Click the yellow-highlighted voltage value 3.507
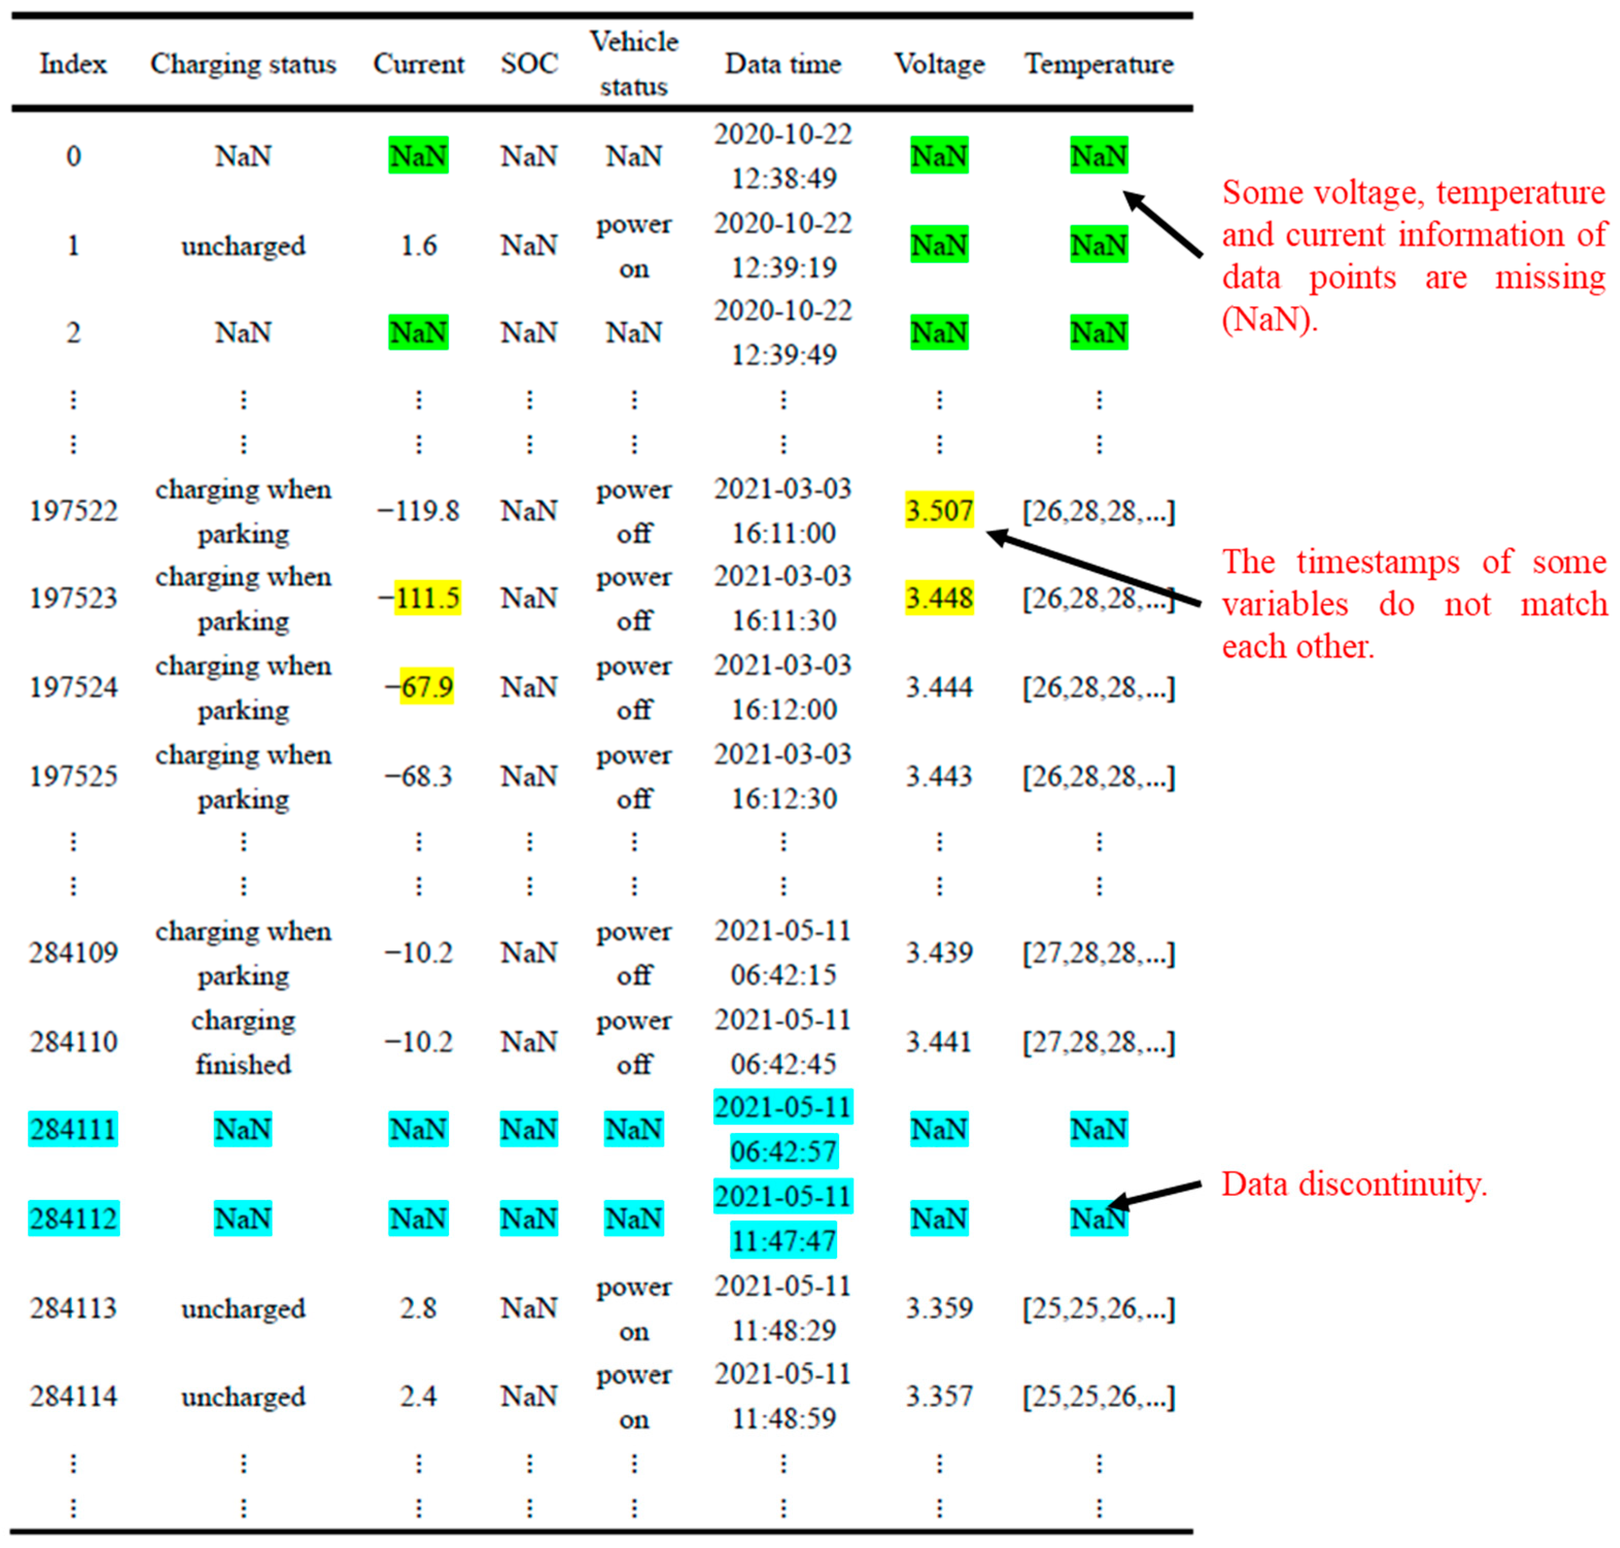[x=938, y=510]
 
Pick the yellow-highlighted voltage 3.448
[x=938, y=597]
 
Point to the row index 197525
[x=74, y=776]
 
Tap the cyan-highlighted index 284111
[x=74, y=1129]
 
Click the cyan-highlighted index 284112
[x=74, y=1218]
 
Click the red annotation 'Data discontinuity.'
[x=1353, y=1184]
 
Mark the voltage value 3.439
[x=938, y=952]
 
